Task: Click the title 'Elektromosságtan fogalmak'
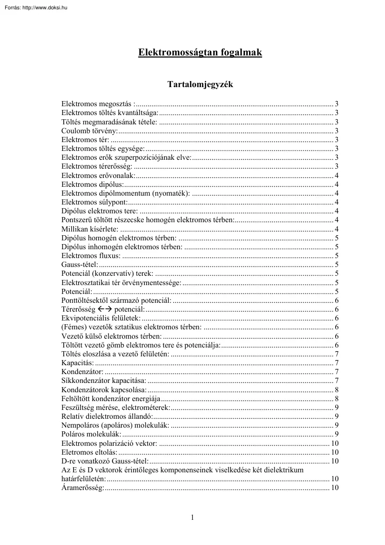[x=200, y=53]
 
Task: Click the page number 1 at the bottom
[x=192, y=517]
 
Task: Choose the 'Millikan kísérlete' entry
[x=90, y=229]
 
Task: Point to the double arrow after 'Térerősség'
[x=105, y=309]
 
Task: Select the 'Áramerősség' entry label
[x=83, y=488]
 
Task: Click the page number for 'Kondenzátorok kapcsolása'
[x=336, y=389]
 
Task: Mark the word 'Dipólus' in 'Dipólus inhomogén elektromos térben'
[x=73, y=247]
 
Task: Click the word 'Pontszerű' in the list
[x=75, y=220]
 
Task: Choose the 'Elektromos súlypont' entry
[x=94, y=202]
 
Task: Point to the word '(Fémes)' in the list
[x=72, y=327]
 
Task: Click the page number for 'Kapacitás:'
[x=336, y=363]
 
